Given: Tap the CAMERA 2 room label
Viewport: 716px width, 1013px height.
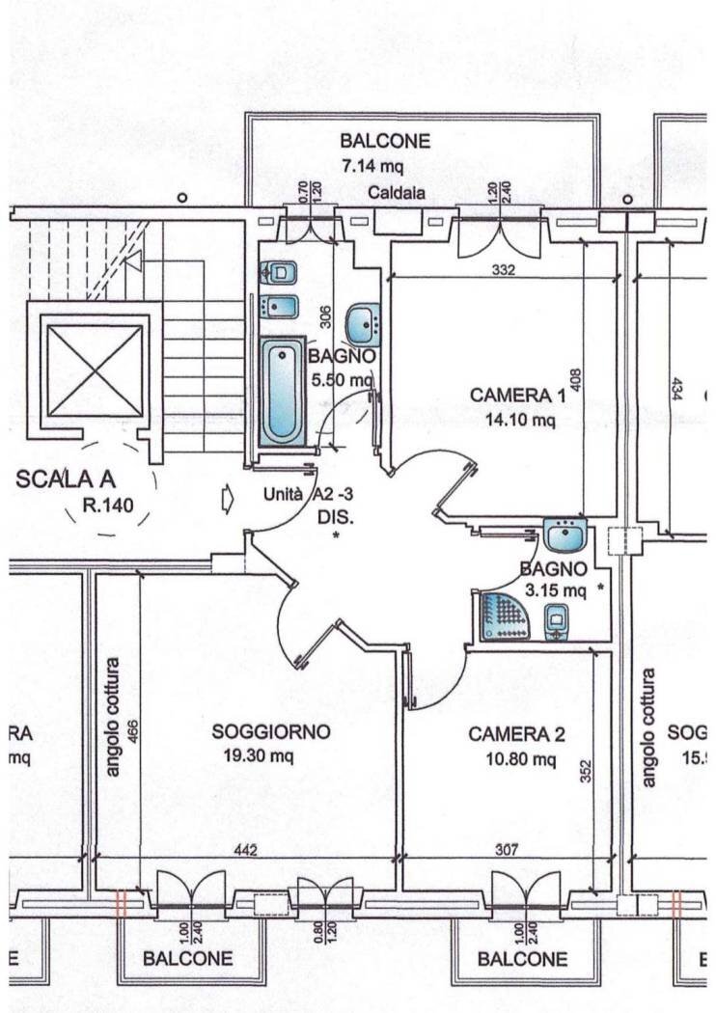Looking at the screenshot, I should [516, 735].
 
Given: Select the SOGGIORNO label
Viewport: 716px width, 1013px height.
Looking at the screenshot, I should [271, 732].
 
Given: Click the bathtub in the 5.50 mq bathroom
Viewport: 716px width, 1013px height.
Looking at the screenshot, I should [283, 390].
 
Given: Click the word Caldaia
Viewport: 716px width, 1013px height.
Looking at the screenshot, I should [396, 193].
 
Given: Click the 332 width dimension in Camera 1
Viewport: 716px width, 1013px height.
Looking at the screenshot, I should [502, 270].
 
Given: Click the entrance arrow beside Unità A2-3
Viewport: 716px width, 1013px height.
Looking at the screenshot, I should [228, 499].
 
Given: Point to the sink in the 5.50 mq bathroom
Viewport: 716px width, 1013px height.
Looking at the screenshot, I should [363, 323].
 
